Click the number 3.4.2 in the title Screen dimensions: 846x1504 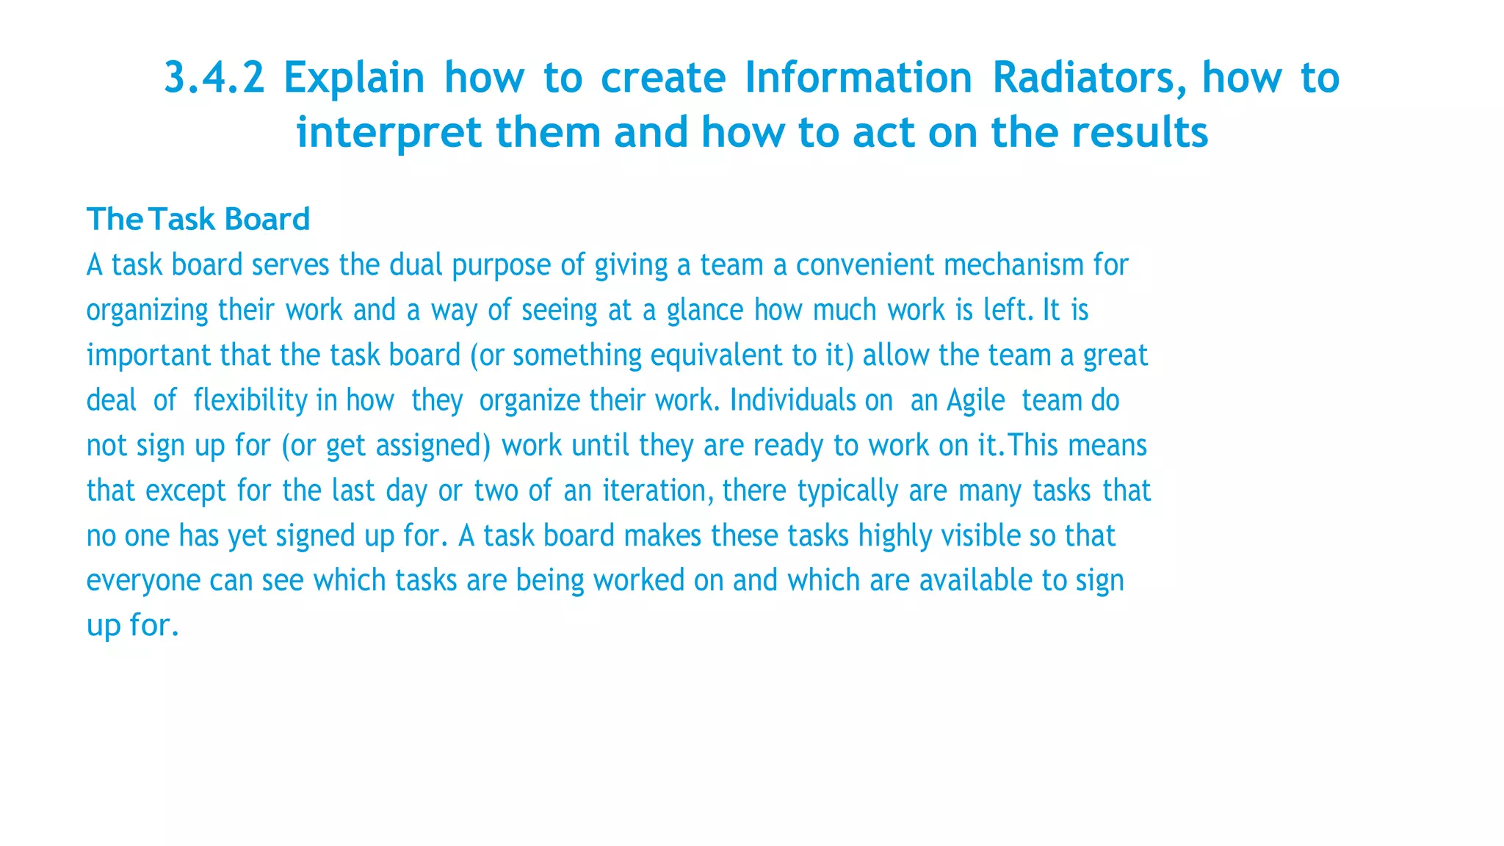pos(214,78)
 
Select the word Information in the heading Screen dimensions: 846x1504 pos(858,78)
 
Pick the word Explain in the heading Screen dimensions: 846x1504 pos(354,78)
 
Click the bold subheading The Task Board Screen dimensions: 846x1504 pos(198,219)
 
